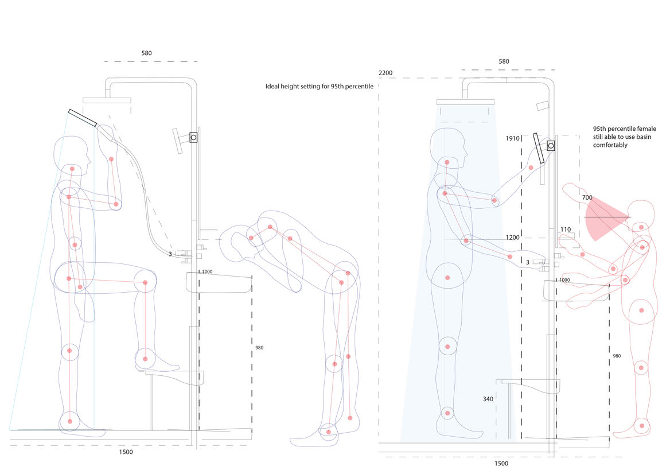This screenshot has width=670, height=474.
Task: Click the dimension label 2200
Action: click(x=385, y=73)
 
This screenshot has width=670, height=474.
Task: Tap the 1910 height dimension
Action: click(x=512, y=138)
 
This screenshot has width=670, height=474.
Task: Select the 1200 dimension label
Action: click(x=512, y=238)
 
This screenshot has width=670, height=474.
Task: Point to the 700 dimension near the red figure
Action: click(x=587, y=198)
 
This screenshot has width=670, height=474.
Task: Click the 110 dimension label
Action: click(x=566, y=230)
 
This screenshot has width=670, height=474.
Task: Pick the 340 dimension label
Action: click(x=488, y=399)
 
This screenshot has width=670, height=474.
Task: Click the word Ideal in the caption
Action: click(x=272, y=86)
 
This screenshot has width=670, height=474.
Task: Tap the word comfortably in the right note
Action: click(x=610, y=145)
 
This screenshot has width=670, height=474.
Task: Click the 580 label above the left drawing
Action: click(x=147, y=53)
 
